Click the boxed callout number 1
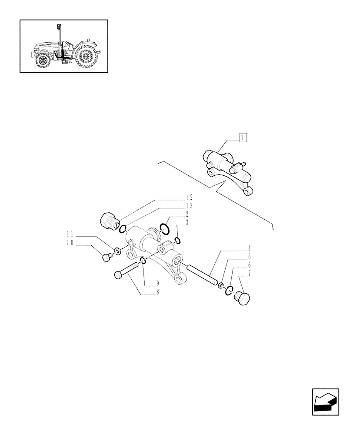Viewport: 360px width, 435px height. (x=243, y=138)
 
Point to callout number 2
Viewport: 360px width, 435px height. (x=187, y=214)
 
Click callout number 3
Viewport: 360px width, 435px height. (x=187, y=222)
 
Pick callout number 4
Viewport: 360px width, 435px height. (x=249, y=248)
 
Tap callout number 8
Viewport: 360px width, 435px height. (x=157, y=292)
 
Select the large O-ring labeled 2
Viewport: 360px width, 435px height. (x=165, y=228)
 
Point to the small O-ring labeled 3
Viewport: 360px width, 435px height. (x=177, y=241)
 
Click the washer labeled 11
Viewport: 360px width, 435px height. (x=117, y=251)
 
